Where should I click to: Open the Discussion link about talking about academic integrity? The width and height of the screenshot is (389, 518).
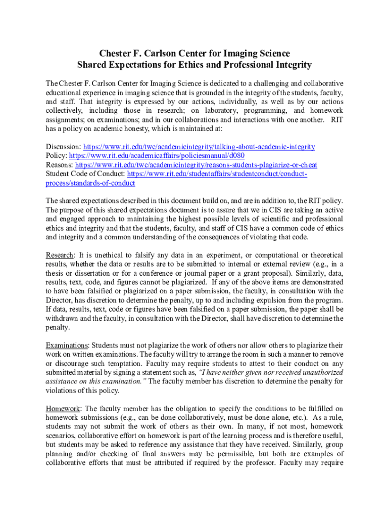coord(199,147)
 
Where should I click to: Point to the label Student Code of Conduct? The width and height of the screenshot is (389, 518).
coord(85,174)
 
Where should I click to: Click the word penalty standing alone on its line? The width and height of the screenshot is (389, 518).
coord(58,327)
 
